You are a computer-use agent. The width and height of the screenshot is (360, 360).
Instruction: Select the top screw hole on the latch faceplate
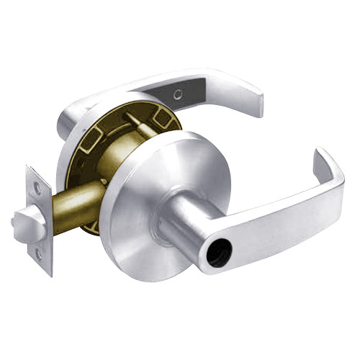37,186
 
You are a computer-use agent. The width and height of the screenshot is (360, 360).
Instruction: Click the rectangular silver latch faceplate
39,220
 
